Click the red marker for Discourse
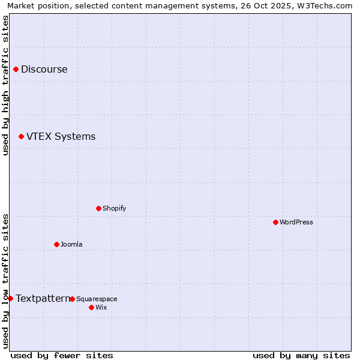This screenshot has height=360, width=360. [x=16, y=69]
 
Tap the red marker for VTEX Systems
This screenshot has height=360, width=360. [x=21, y=137]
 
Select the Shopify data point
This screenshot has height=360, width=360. [x=98, y=208]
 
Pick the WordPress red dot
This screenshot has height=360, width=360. [x=275, y=222]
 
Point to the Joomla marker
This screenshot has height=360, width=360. [x=56, y=244]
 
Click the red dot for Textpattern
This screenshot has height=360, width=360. [x=10, y=298]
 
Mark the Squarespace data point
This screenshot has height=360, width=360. [x=72, y=299]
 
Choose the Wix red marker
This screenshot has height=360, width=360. [x=91, y=307]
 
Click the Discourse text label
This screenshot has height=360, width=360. [x=44, y=69]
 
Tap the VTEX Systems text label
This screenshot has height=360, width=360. [x=61, y=137]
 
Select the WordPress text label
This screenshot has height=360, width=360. [x=296, y=222]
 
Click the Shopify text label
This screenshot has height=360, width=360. [x=115, y=208]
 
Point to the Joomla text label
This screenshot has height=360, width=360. [x=71, y=244]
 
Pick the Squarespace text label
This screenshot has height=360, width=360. [x=97, y=299]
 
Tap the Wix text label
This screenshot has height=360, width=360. [x=101, y=307]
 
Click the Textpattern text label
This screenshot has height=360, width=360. [x=43, y=298]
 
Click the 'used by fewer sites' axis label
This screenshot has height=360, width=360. [x=62, y=355]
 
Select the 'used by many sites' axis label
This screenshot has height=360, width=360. [x=301, y=355]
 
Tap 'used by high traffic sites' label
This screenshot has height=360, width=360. [x=5, y=85]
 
